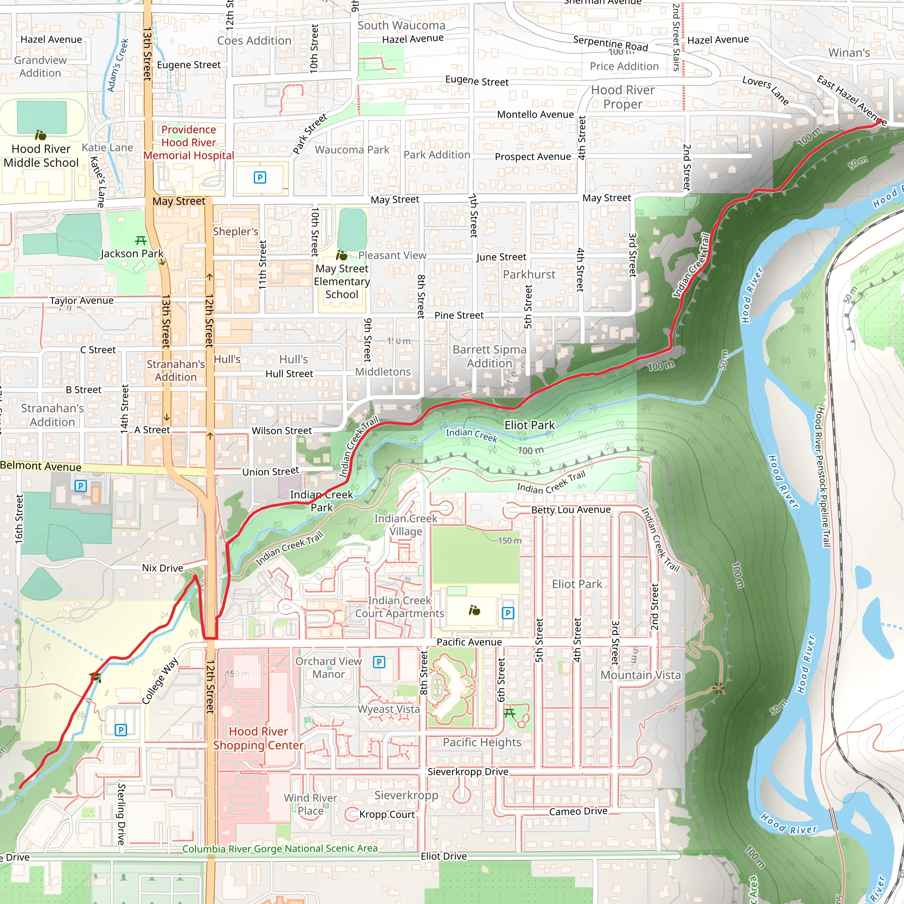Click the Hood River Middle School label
[41, 156]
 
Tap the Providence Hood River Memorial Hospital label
[188, 143]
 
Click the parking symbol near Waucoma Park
[260, 177]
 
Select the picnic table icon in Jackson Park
[141, 241]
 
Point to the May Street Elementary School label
[342, 281]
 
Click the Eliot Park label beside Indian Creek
[529, 425]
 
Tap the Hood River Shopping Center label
[258, 738]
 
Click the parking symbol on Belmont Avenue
[80, 486]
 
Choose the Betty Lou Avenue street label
[570, 509]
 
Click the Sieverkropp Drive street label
[467, 772]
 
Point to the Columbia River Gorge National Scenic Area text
[280, 849]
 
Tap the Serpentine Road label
[610, 44]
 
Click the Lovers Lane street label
[765, 90]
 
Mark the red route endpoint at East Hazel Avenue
[879, 122]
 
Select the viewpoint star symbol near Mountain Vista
[719, 688]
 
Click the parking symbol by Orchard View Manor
[379, 662]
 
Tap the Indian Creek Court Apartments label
[399, 607]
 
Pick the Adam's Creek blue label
[117, 65]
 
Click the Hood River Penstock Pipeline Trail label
[823, 477]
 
